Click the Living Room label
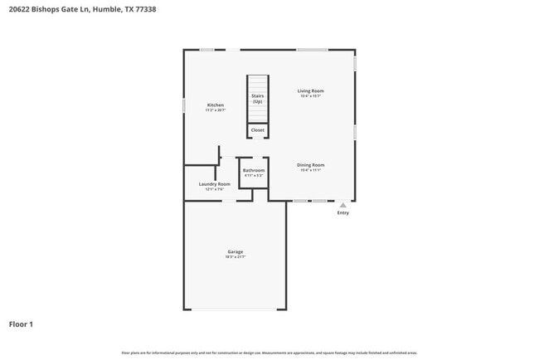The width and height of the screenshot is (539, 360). (x=311, y=90)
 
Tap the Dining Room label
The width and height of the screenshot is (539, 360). (x=311, y=165)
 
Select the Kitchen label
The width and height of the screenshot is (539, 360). (x=216, y=105)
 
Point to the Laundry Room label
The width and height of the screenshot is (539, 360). (x=214, y=184)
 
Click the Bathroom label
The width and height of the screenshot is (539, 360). (x=254, y=171)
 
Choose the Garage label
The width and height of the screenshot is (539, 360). (x=236, y=251)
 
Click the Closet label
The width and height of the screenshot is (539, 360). (x=258, y=130)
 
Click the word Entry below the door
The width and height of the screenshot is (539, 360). (x=343, y=213)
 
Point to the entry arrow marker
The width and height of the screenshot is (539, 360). (x=343, y=204)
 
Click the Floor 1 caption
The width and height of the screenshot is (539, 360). (x=21, y=324)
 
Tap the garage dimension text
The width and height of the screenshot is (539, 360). (x=236, y=257)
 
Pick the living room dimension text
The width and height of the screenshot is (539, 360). (x=311, y=96)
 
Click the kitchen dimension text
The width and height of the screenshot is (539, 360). (x=216, y=110)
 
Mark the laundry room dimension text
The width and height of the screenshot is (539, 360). (x=214, y=190)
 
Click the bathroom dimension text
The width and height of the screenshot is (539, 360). (x=254, y=176)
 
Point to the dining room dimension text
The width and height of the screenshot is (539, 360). (x=311, y=171)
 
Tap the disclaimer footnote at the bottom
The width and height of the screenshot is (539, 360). (x=269, y=353)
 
